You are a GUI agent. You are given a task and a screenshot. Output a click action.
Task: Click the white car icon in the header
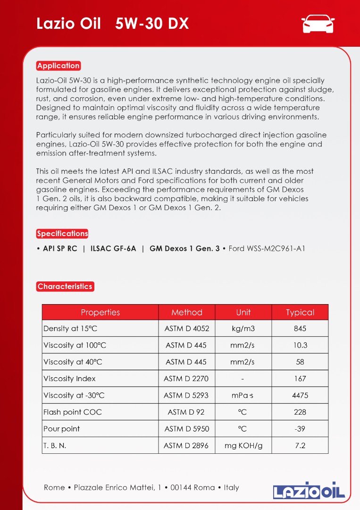click(318, 24)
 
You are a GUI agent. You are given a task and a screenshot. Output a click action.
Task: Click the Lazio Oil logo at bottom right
click(309, 490)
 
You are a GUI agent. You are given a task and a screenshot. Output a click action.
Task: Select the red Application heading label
click(59, 66)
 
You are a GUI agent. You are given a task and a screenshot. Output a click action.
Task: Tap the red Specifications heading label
click(62, 233)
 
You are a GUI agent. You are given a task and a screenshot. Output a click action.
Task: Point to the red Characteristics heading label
click(65, 286)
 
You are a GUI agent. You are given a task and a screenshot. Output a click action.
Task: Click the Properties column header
click(100, 312)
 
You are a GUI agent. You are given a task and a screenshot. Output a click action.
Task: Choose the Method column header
click(187, 312)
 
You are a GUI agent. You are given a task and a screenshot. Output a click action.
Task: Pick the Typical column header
click(300, 312)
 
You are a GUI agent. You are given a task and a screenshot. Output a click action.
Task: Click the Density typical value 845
click(300, 329)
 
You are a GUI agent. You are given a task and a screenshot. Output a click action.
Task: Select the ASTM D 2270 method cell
click(186, 379)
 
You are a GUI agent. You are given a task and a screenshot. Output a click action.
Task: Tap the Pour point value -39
click(300, 429)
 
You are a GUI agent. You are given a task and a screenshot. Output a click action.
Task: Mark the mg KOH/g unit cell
click(243, 445)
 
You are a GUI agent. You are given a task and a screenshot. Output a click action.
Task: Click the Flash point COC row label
click(72, 412)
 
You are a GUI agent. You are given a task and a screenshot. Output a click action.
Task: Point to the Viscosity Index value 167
click(300, 379)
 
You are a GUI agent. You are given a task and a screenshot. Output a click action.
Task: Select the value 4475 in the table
click(300, 395)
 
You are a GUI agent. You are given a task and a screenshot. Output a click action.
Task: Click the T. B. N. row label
click(55, 445)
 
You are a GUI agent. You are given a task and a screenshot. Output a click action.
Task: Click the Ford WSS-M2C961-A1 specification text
click(267, 248)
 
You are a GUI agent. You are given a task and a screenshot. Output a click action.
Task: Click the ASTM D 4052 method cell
click(186, 329)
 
